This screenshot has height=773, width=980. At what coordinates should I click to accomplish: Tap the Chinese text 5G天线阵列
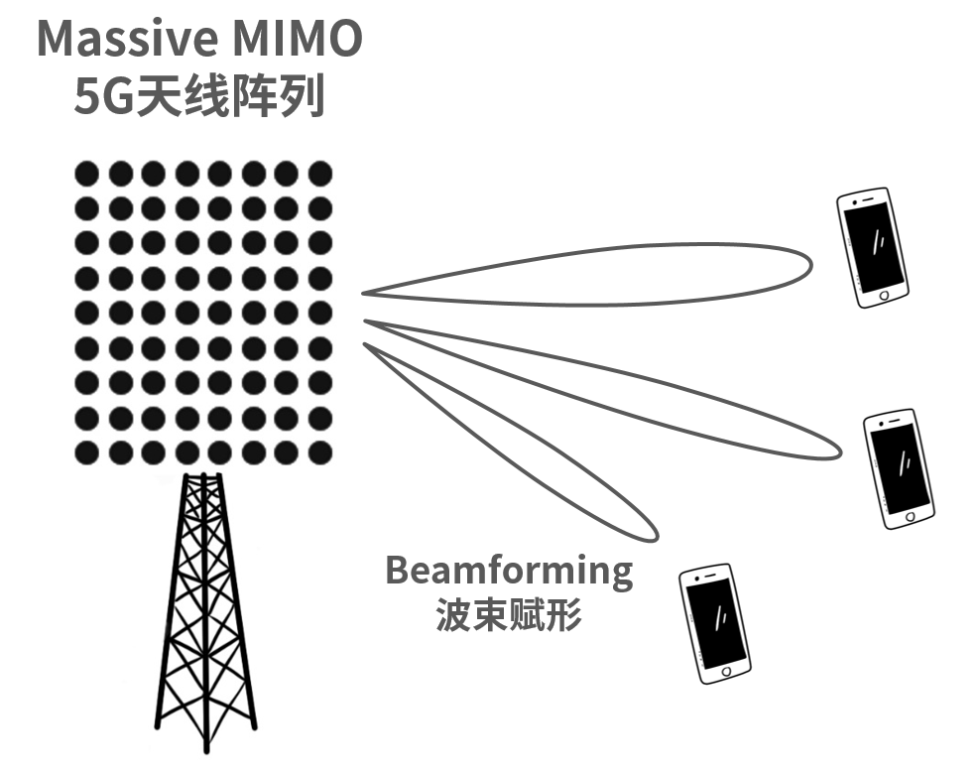tap(199, 96)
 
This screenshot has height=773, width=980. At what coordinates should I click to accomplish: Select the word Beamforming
tap(508, 571)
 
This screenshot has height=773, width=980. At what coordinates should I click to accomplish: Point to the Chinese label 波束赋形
tap(508, 616)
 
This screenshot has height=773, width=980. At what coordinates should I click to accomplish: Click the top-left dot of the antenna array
tap(87, 174)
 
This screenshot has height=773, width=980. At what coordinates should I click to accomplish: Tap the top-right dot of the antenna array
tap(319, 174)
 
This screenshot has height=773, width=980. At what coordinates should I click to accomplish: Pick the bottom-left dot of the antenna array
tap(87, 452)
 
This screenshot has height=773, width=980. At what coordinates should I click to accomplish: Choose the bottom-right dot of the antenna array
tap(319, 452)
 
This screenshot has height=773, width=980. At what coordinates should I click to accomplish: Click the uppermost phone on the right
tap(873, 247)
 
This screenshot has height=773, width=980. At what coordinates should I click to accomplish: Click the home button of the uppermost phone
tap(886, 295)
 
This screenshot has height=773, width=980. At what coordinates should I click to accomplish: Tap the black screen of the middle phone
tap(901, 466)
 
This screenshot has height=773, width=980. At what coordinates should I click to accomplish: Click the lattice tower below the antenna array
tap(204, 615)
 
